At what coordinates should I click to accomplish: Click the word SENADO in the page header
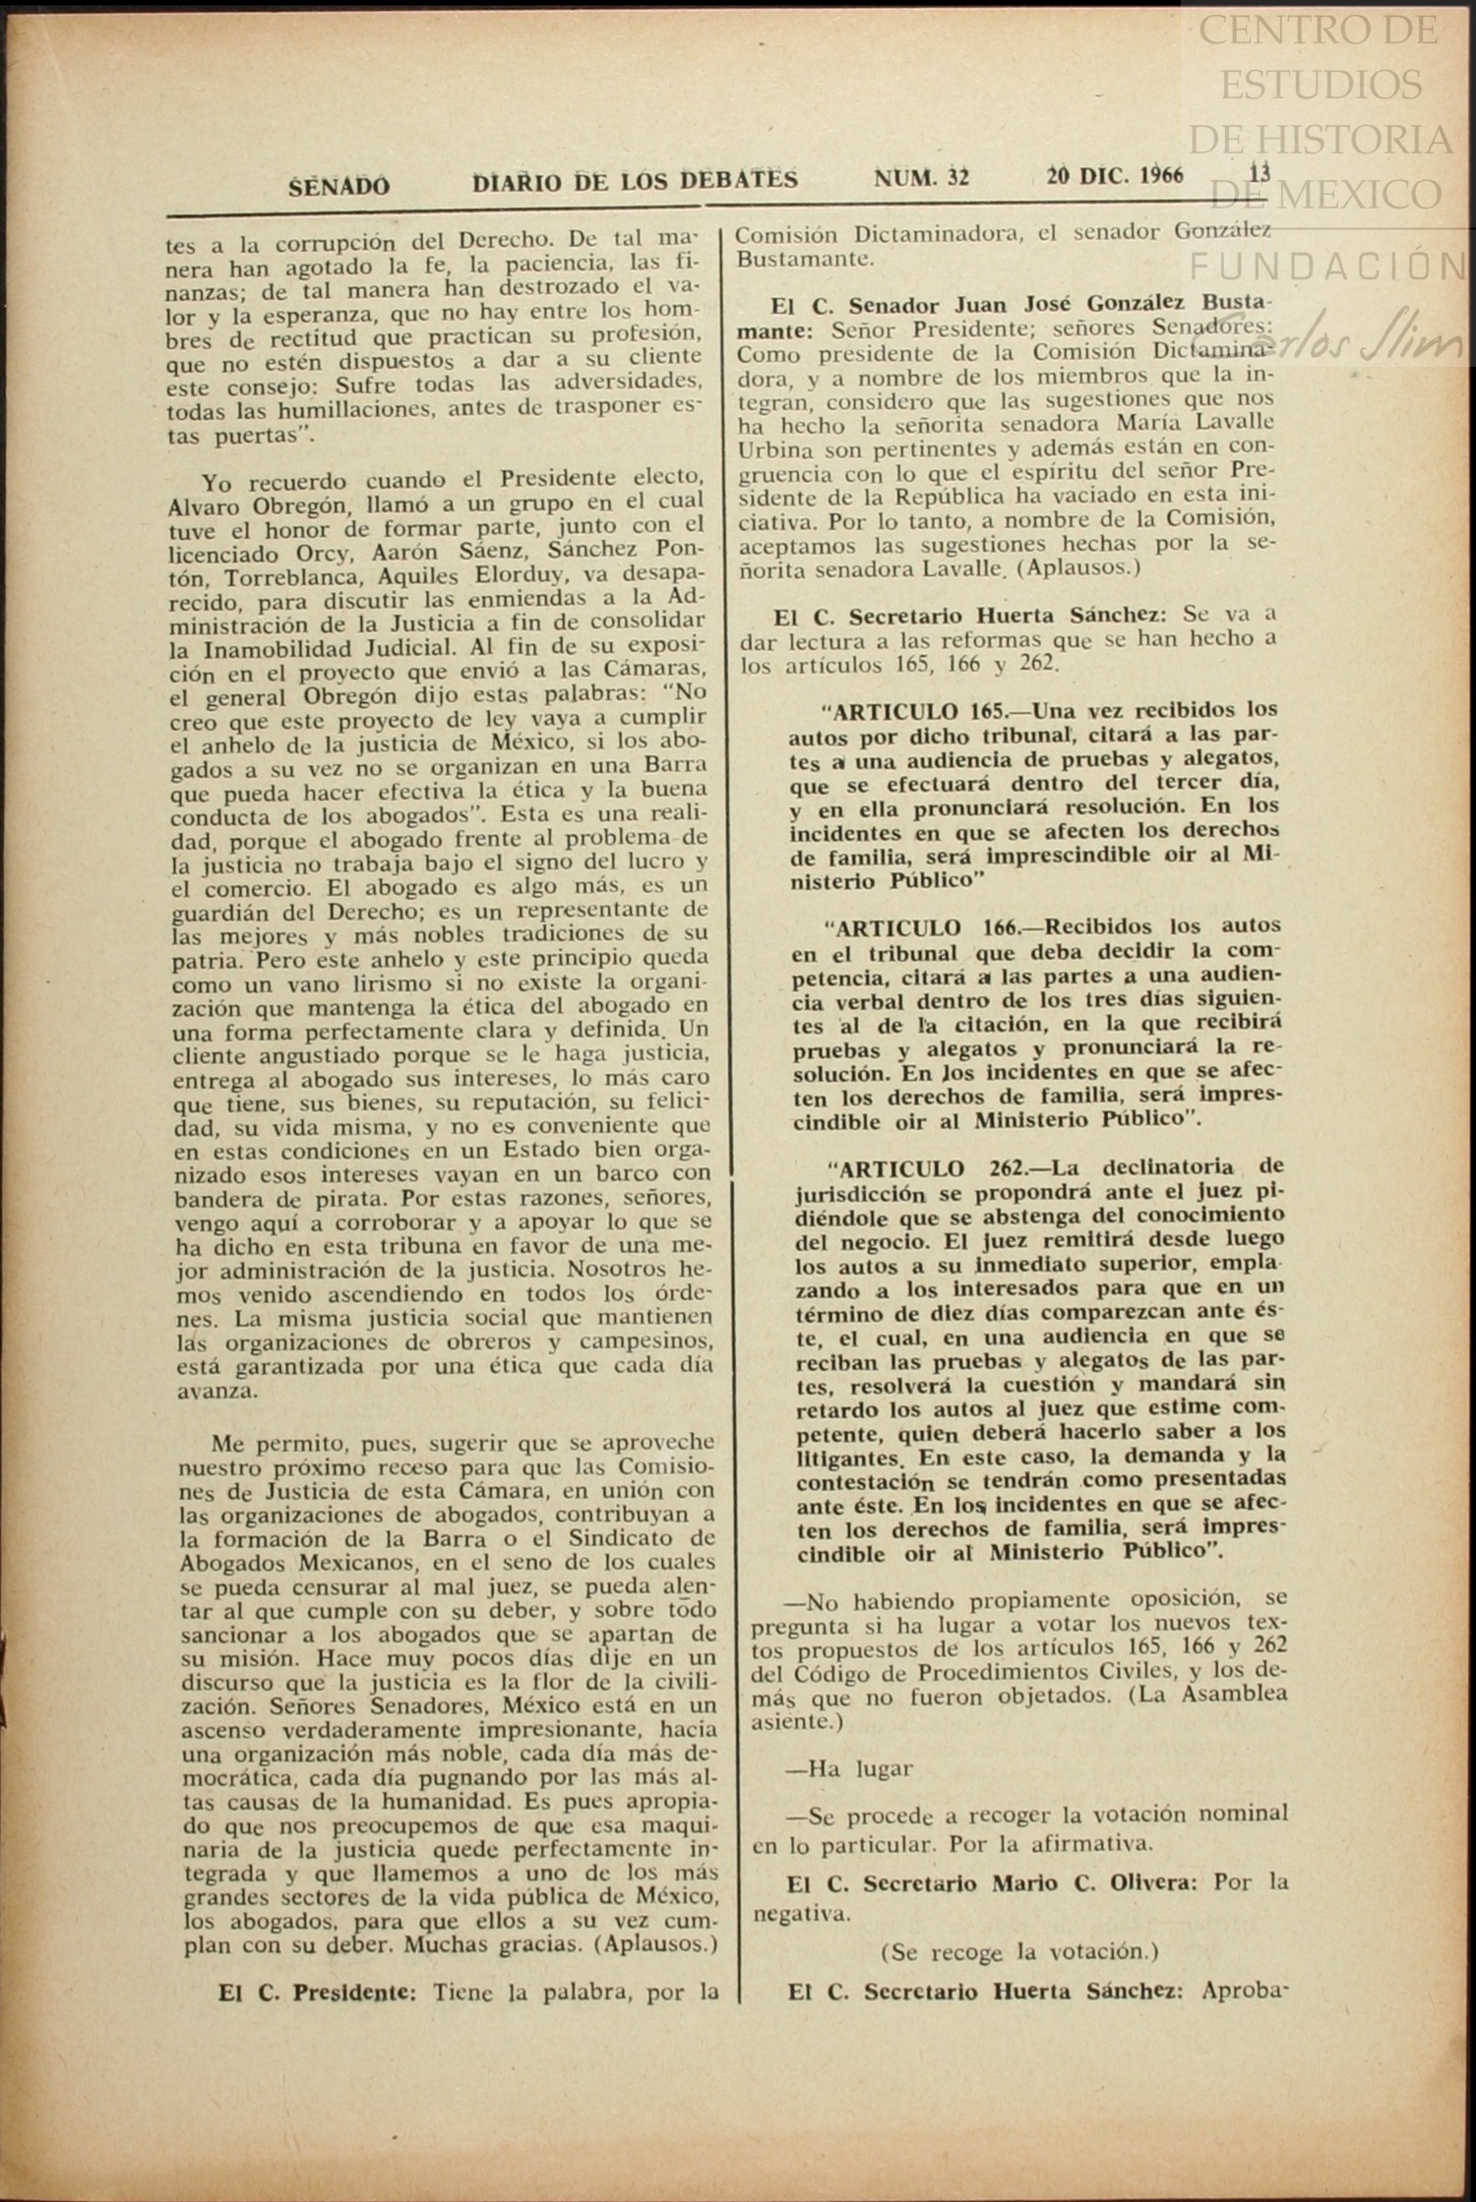coord(339,185)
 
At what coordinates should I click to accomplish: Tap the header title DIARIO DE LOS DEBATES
coord(635,180)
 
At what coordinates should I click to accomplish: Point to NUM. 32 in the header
coord(921,177)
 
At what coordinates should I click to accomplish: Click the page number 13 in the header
coord(1259,174)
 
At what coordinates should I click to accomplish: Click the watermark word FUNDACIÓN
coord(1328,266)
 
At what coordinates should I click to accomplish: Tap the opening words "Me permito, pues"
coord(282,1444)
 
